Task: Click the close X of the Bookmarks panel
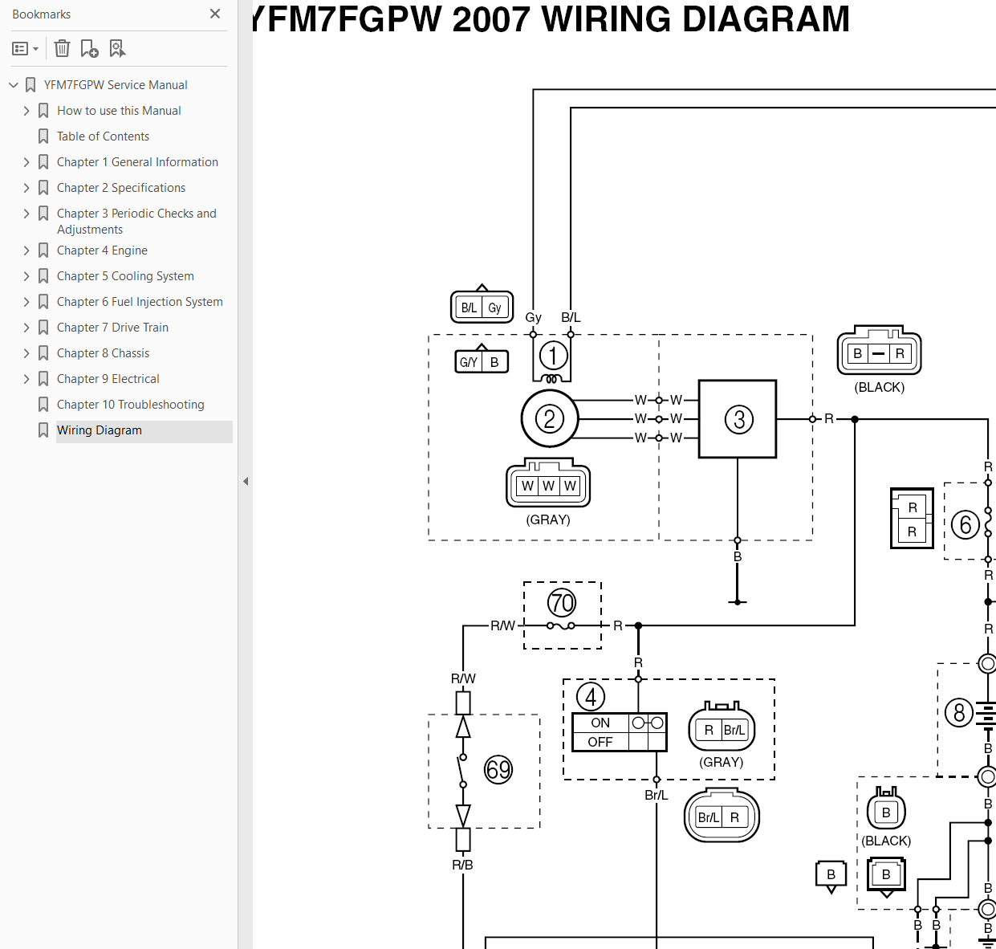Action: coord(215,14)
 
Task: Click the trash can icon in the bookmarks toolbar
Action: coord(62,49)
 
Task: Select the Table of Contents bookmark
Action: coord(103,136)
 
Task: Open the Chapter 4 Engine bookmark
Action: coord(102,250)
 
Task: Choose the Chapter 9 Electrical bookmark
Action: coord(108,379)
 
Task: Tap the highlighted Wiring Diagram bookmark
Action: coord(100,430)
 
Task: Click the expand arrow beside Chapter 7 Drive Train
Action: coord(26,328)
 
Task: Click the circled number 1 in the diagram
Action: coord(553,356)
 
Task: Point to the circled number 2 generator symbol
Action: coord(550,419)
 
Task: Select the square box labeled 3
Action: coord(738,419)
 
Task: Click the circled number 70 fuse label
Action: coord(561,603)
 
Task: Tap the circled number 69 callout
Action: coord(498,769)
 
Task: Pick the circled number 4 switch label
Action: coord(591,697)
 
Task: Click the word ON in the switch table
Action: coord(600,723)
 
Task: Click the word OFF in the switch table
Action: coord(600,742)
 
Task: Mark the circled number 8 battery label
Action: coord(959,713)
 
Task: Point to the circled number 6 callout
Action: coord(965,525)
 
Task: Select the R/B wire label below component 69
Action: coord(462,865)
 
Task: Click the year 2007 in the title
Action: coord(491,19)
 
